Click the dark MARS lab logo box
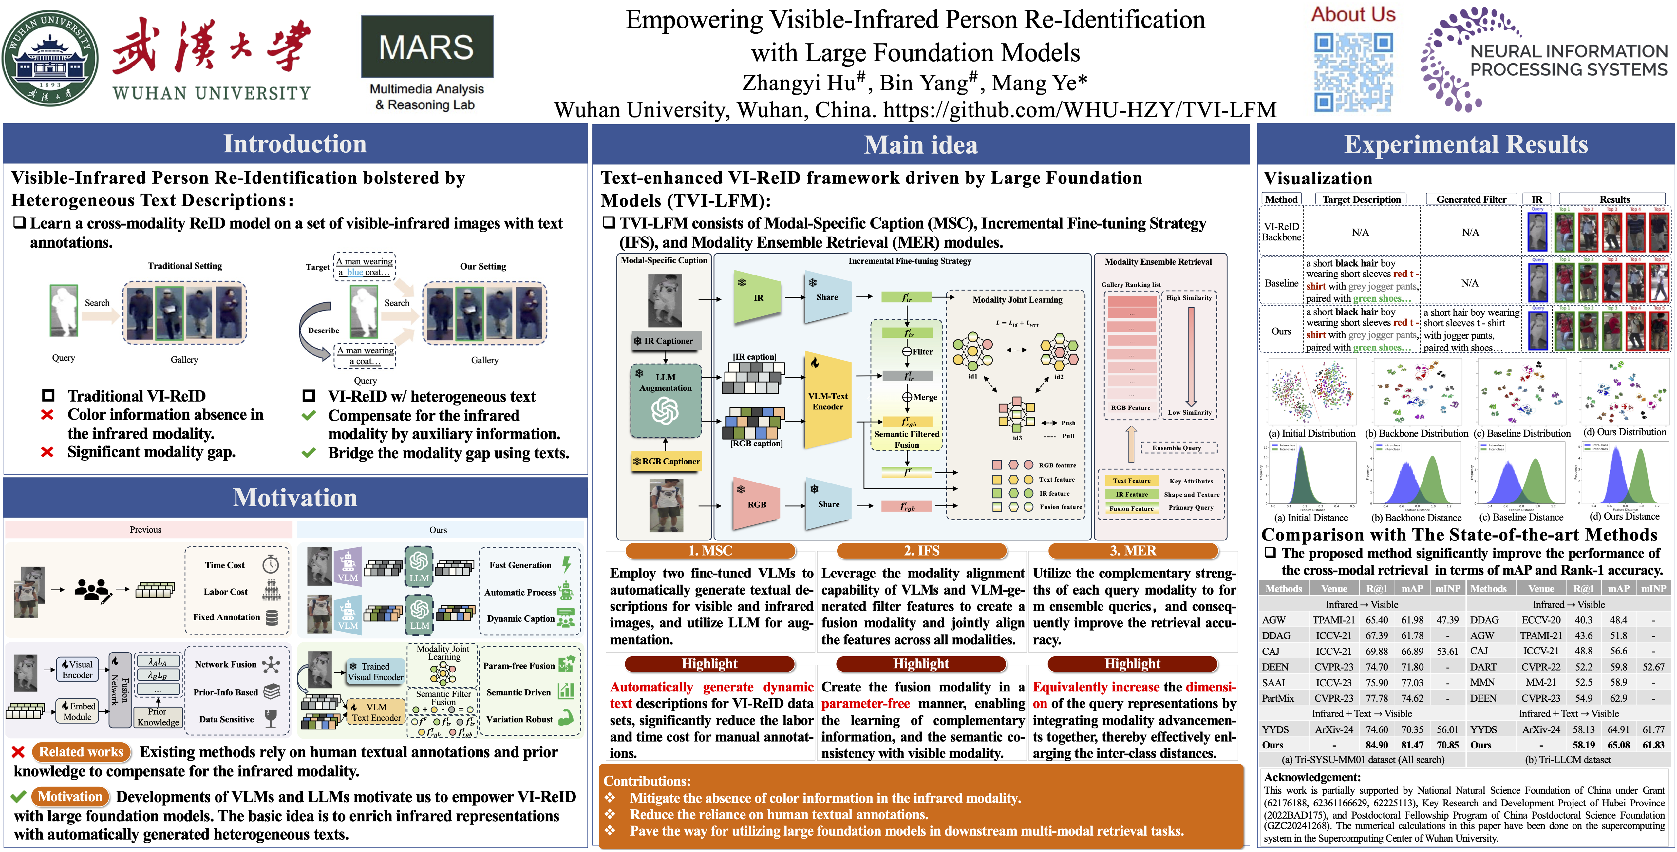click(427, 47)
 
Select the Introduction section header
click(295, 144)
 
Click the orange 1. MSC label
click(710, 551)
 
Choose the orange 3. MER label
click(1133, 551)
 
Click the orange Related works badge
click(81, 752)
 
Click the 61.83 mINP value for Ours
click(1653, 745)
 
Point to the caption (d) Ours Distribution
click(1624, 432)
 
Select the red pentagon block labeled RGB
click(757, 504)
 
